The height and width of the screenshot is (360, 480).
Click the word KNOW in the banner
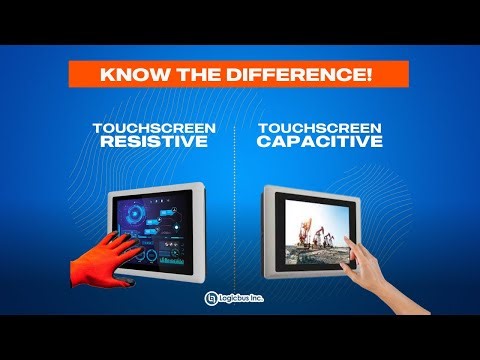tap(127, 75)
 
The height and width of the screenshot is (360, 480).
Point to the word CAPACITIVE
tap(319, 143)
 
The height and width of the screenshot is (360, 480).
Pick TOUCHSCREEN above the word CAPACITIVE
tap(319, 129)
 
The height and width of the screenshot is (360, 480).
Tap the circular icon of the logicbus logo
tap(212, 298)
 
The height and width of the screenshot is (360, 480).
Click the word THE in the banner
tap(184, 75)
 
